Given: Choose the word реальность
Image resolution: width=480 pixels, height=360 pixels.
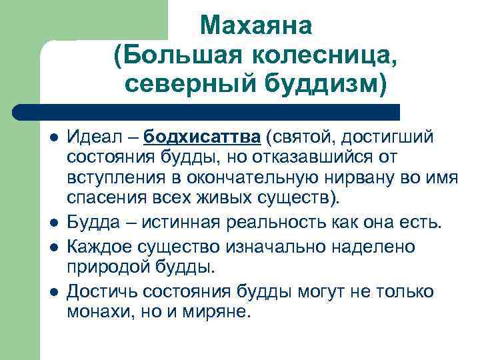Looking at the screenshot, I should coord(281,223).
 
